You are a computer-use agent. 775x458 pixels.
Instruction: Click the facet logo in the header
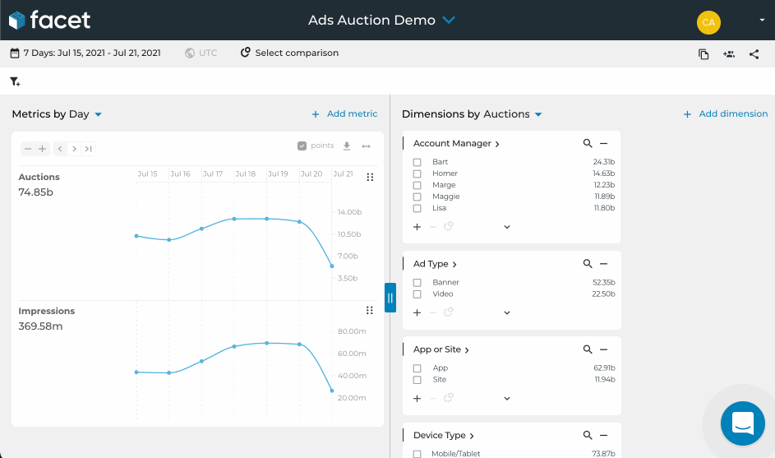(49, 20)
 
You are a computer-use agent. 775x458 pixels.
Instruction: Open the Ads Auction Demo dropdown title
(381, 20)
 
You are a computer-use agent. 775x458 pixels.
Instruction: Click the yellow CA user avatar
(708, 22)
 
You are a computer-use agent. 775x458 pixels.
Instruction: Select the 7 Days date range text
(91, 53)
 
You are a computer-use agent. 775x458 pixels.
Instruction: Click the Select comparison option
(296, 53)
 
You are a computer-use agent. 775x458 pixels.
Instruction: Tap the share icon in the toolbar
(754, 54)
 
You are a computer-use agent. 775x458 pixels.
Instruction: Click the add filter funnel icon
(15, 81)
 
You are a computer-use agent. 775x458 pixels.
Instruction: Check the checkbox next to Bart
(417, 162)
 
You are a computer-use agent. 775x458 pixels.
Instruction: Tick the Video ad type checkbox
(417, 294)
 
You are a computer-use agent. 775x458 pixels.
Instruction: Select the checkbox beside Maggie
(417, 197)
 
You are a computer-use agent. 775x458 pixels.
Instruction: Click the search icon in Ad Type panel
(588, 264)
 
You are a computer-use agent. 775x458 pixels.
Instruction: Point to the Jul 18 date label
(245, 174)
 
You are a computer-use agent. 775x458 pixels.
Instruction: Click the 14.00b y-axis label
(349, 212)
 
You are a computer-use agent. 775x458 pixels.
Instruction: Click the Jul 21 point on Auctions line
(332, 266)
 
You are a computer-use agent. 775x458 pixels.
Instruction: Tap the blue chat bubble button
(742, 423)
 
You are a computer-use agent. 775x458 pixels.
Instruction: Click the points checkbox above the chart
(302, 146)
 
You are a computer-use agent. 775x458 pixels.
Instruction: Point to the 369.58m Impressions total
(40, 326)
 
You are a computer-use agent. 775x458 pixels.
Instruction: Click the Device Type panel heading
(444, 436)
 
